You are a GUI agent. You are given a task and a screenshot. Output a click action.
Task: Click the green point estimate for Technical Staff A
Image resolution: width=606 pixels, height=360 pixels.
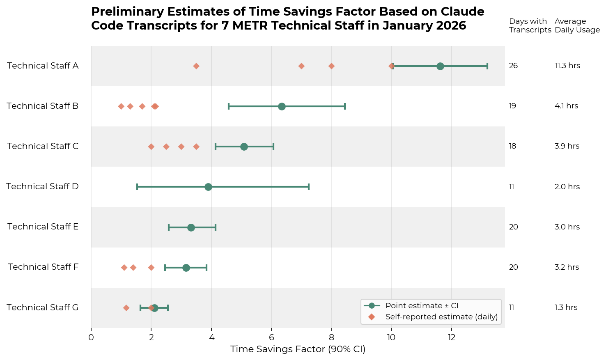click(x=440, y=66)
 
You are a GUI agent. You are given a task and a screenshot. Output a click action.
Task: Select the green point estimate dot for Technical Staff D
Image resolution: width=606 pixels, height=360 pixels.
click(x=208, y=187)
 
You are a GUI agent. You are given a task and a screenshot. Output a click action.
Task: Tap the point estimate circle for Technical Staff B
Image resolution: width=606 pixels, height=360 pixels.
click(x=282, y=106)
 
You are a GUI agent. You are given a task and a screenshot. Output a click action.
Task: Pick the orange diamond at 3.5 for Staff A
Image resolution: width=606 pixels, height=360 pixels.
click(x=196, y=66)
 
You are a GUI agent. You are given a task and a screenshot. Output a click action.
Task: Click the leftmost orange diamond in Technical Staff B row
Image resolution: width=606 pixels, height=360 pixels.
click(x=121, y=106)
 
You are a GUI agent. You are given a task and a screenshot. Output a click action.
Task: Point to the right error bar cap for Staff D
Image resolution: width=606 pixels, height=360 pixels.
click(x=308, y=187)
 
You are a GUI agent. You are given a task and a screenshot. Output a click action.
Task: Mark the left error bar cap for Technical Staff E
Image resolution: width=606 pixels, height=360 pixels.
click(x=169, y=227)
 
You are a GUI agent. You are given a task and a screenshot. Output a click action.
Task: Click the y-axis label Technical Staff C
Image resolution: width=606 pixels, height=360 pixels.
click(x=43, y=146)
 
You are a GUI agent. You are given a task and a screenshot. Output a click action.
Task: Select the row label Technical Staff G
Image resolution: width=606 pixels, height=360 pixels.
click(x=43, y=307)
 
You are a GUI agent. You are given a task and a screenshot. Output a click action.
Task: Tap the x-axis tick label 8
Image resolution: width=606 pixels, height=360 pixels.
click(x=331, y=337)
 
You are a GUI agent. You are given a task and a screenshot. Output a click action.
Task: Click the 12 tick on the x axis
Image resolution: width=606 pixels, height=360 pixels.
click(x=452, y=337)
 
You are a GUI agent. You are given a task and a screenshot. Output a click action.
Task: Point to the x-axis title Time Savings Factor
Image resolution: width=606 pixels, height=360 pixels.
click(x=298, y=349)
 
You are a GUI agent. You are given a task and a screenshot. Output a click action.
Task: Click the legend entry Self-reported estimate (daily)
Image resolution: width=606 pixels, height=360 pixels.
click(x=441, y=316)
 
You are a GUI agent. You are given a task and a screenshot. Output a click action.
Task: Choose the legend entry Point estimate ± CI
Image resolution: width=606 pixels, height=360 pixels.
click(x=422, y=306)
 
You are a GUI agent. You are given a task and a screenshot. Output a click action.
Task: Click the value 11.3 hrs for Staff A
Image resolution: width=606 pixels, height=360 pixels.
click(x=567, y=66)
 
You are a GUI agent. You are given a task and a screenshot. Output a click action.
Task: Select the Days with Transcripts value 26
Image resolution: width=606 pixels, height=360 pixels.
click(x=513, y=66)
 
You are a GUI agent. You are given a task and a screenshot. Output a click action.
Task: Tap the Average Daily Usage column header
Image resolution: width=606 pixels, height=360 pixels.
click(x=577, y=25)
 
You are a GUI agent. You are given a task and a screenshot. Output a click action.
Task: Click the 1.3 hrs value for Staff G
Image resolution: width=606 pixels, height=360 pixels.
click(x=566, y=307)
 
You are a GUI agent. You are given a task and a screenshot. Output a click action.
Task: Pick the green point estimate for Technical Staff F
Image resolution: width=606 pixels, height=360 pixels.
click(x=186, y=268)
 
